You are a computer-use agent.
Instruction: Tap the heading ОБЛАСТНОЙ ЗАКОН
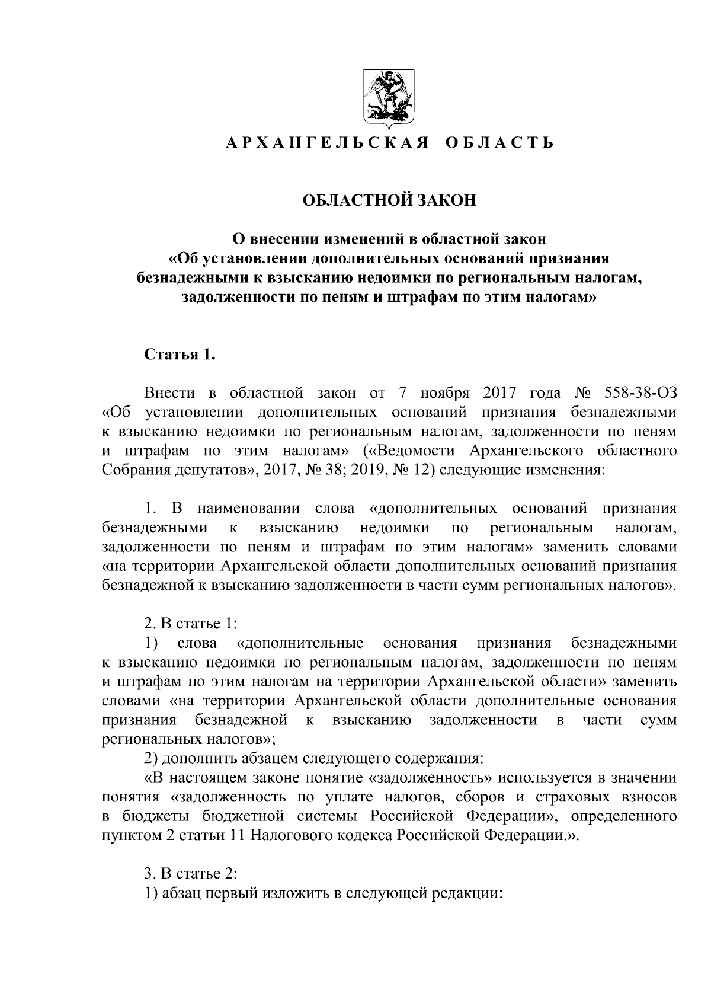coord(389,200)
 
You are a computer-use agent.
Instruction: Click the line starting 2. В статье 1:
coord(191,624)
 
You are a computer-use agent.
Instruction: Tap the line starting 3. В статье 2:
coord(191,874)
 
